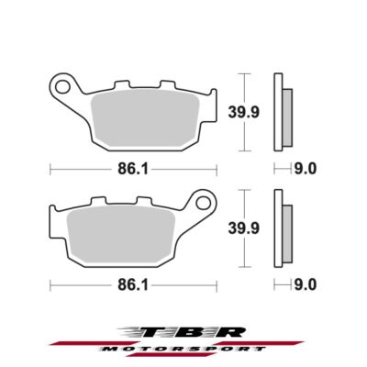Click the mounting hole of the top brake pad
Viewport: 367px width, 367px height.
pyautogui.click(x=63, y=89)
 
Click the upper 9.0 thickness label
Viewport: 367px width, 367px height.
pyautogui.click(x=306, y=169)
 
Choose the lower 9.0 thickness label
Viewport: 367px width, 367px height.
pyautogui.click(x=306, y=285)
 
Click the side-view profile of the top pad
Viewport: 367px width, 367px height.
pyautogui.click(x=282, y=111)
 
